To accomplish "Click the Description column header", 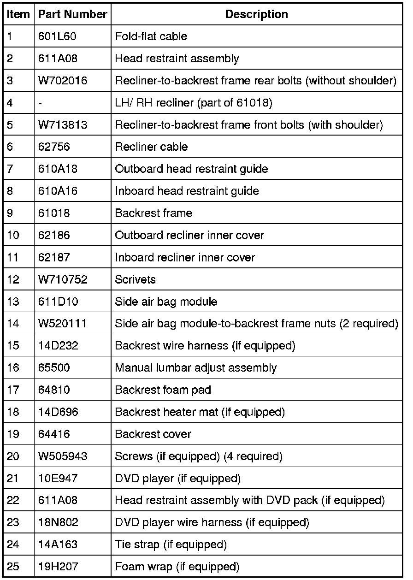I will (256, 14).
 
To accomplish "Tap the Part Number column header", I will (72, 14).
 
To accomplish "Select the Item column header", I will (18, 14).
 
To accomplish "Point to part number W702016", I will (63, 81).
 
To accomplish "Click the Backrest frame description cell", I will (153, 213).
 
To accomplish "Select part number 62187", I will (54, 257).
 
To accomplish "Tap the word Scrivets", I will (135, 279).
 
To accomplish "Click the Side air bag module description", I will (166, 302).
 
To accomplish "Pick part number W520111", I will (62, 324).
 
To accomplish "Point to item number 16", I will (13, 368).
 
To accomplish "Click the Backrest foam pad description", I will (163, 390).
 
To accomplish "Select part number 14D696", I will (58, 412).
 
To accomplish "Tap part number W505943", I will (63, 456).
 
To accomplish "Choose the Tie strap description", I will (171, 545).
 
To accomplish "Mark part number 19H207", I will (58, 567).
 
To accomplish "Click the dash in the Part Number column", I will (40, 103).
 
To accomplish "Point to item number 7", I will (11, 169).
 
